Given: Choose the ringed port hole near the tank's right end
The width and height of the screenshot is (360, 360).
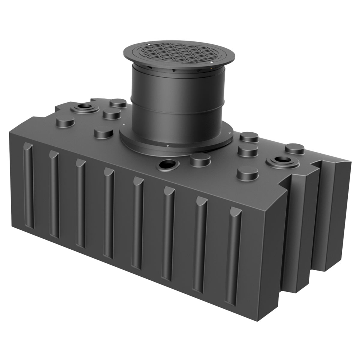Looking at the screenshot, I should pos(282,160).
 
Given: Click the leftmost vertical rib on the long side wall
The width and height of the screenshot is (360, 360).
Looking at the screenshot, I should pos(29,186).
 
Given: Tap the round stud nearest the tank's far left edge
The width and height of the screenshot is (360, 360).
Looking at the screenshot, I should pos(65,121).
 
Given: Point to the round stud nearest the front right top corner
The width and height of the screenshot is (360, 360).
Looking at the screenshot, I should pos(247,173).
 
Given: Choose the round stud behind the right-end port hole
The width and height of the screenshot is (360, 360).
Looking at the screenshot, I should pos(295,148).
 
